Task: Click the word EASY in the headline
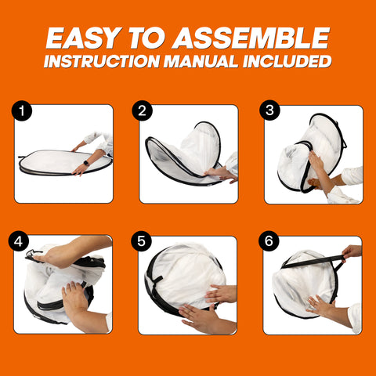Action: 84,38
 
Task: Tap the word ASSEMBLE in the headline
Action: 251,38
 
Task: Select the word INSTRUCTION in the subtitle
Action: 101,62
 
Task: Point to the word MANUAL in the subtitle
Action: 201,62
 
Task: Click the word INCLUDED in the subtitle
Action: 287,62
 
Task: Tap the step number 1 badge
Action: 22,110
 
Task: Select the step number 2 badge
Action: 142,110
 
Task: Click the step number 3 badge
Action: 269,110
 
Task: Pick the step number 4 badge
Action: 18,241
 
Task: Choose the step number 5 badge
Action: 141,241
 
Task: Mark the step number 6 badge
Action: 269,241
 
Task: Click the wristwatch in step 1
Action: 87,163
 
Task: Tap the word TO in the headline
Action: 146,38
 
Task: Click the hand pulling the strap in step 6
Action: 352,252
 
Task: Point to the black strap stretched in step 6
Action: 313,262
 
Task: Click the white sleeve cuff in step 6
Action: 356,318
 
